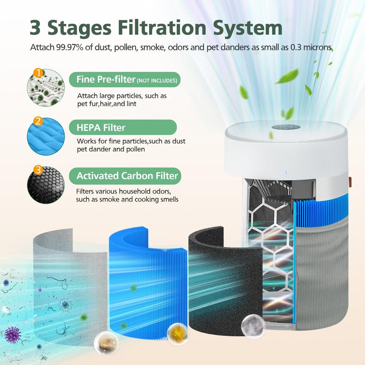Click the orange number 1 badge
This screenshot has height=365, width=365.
coord(38,73)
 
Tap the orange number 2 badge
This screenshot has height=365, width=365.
coord(38,121)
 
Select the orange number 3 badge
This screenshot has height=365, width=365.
coord(38,170)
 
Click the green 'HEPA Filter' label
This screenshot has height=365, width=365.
coord(123,127)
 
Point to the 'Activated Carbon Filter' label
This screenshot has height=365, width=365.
coord(125,176)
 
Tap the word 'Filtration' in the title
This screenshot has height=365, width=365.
coord(162,28)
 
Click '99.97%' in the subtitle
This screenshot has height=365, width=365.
coord(70,47)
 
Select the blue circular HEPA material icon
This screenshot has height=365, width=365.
coord(46,137)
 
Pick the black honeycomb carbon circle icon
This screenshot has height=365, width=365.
coord(46,185)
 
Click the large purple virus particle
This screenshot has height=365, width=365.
coord(12,335)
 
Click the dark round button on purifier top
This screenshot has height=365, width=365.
coord(286,127)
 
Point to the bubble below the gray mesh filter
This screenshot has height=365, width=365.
coord(106,343)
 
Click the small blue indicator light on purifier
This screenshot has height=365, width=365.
coord(286,173)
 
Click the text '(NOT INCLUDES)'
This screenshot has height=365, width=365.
coord(157,81)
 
